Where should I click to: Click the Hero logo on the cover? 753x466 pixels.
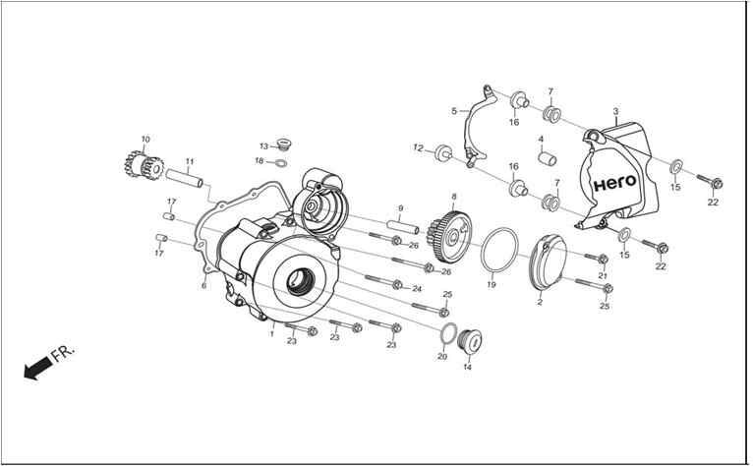coord(614,183)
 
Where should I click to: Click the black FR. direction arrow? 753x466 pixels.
coord(38,368)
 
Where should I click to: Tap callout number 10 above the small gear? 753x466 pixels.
coord(145,140)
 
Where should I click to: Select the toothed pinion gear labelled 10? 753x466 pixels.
coord(144,165)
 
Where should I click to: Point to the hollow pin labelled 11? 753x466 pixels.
coord(185,177)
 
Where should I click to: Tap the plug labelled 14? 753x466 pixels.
coord(469,342)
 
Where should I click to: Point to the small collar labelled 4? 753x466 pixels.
coord(547,158)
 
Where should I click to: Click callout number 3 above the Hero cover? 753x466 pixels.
coord(615,112)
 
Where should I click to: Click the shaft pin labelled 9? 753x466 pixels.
coord(402,227)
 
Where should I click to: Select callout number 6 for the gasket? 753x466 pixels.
coord(203,286)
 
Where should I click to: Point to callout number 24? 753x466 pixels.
coord(417,289)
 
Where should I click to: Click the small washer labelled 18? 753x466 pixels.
coord(280,164)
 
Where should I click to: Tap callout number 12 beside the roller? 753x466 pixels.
coord(419,148)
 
